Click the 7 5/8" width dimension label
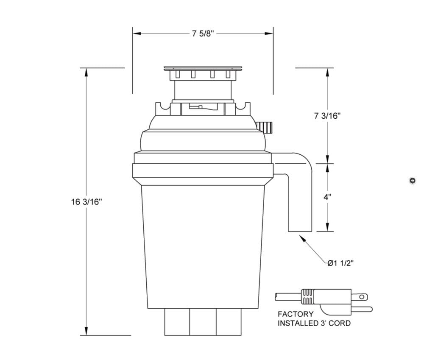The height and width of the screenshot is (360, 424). point(203,34)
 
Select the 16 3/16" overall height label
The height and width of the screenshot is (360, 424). point(86,202)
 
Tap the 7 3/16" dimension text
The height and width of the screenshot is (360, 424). point(327,116)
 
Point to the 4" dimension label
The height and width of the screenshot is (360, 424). point(327,197)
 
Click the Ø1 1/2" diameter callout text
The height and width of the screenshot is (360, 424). point(340,263)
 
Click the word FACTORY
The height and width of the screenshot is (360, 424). point(296,314)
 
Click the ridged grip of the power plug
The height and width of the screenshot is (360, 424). point(307,296)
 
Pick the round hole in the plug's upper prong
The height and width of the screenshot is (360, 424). point(362,297)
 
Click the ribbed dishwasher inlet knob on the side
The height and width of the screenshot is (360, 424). point(264,127)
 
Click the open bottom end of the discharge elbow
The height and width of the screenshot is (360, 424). point(300,231)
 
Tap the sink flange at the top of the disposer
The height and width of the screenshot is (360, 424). point(203,68)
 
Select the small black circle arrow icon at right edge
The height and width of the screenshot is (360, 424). point(413,180)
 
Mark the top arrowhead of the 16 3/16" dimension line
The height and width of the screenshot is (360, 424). point(86,72)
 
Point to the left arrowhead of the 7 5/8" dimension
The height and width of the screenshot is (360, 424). point(137,33)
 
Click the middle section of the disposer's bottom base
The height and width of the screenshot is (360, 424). point(203,322)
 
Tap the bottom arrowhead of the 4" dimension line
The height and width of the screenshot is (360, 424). point(327,227)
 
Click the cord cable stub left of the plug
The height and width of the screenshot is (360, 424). point(288,297)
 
